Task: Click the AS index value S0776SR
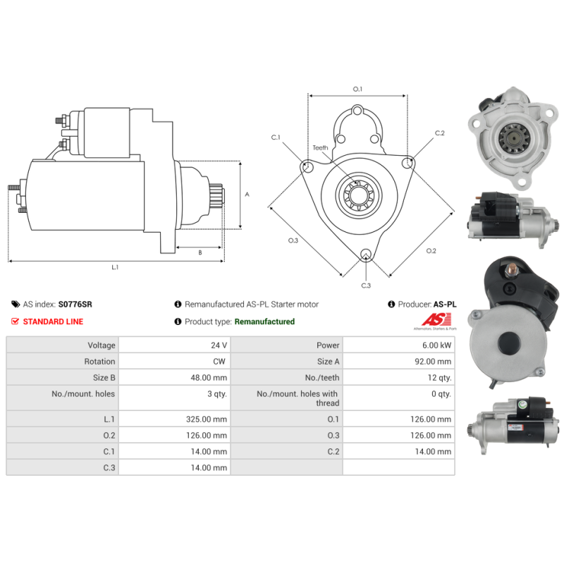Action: click(x=75, y=305)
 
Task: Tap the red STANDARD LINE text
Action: click(x=53, y=321)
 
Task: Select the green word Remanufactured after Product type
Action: click(x=264, y=321)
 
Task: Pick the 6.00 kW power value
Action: click(x=436, y=345)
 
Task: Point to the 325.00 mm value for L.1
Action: click(x=207, y=419)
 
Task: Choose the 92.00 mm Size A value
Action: click(x=433, y=362)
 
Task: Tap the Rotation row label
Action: click(x=99, y=362)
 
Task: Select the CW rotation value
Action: click(x=219, y=362)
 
